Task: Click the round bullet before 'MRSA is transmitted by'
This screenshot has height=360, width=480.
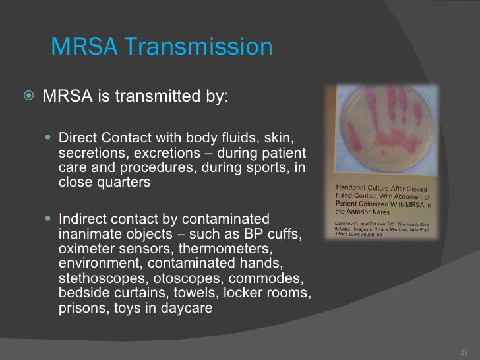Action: click(30, 98)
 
